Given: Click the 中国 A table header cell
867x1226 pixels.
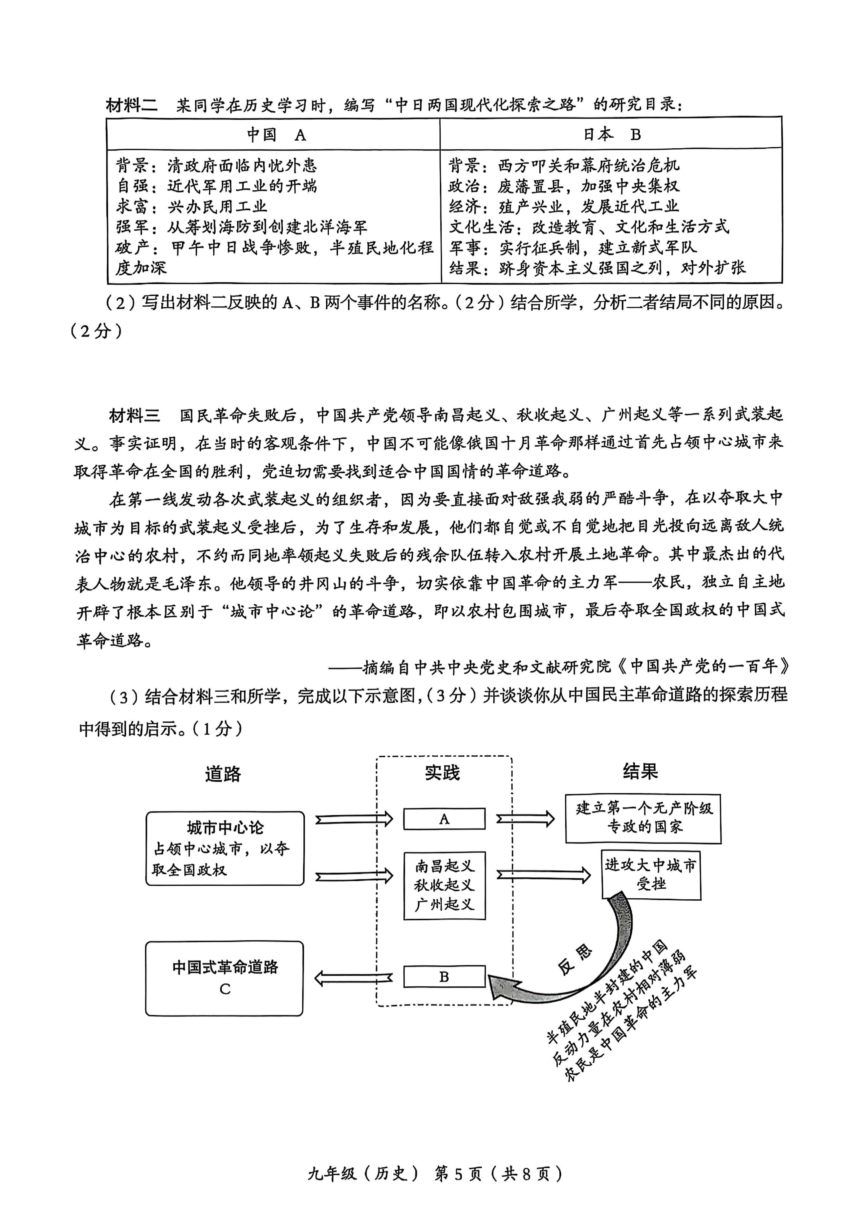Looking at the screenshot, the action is (x=273, y=134).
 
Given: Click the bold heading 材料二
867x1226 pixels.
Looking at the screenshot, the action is (x=132, y=105).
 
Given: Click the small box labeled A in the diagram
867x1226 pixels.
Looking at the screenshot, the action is (x=444, y=819).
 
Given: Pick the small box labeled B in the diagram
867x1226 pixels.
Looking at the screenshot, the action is (x=444, y=977).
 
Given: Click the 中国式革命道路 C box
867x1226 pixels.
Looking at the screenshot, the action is (x=224, y=978).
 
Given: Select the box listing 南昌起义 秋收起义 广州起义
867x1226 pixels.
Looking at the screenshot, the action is (x=444, y=885).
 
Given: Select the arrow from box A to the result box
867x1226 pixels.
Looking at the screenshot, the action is (x=525, y=819).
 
